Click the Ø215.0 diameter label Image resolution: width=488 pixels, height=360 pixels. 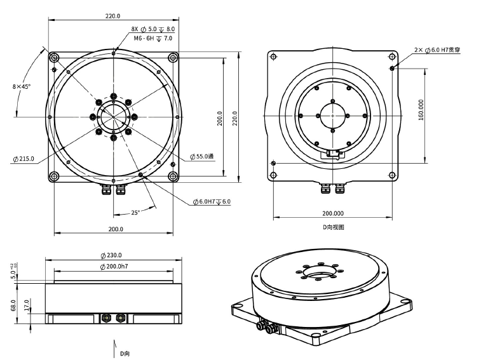[x=24, y=159]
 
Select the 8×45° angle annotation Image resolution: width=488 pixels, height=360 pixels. [x=22, y=86]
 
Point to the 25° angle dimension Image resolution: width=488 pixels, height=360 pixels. [x=135, y=213]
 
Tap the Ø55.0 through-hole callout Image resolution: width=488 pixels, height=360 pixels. [x=202, y=156]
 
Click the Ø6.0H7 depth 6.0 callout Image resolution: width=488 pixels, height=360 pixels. [x=212, y=202]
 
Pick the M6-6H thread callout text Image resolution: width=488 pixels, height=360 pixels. [x=152, y=38]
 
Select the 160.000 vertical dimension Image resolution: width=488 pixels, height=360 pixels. [x=421, y=110]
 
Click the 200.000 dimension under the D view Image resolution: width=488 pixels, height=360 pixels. [x=333, y=213]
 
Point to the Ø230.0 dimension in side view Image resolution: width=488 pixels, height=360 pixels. [x=111, y=255]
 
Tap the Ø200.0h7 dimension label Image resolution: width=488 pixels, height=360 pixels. [x=114, y=267]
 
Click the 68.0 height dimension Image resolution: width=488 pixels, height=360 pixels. [x=13, y=305]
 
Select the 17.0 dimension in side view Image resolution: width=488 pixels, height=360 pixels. [x=27, y=305]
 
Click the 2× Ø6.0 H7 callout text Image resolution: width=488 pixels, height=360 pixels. [x=437, y=50]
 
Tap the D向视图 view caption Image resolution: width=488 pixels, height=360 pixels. [x=333, y=227]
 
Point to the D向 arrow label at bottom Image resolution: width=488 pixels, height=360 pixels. [x=125, y=354]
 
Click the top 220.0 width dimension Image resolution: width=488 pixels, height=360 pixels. [x=112, y=16]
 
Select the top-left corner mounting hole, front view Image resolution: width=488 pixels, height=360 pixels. [x=54, y=58]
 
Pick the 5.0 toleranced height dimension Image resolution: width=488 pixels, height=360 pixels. [x=14, y=272]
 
